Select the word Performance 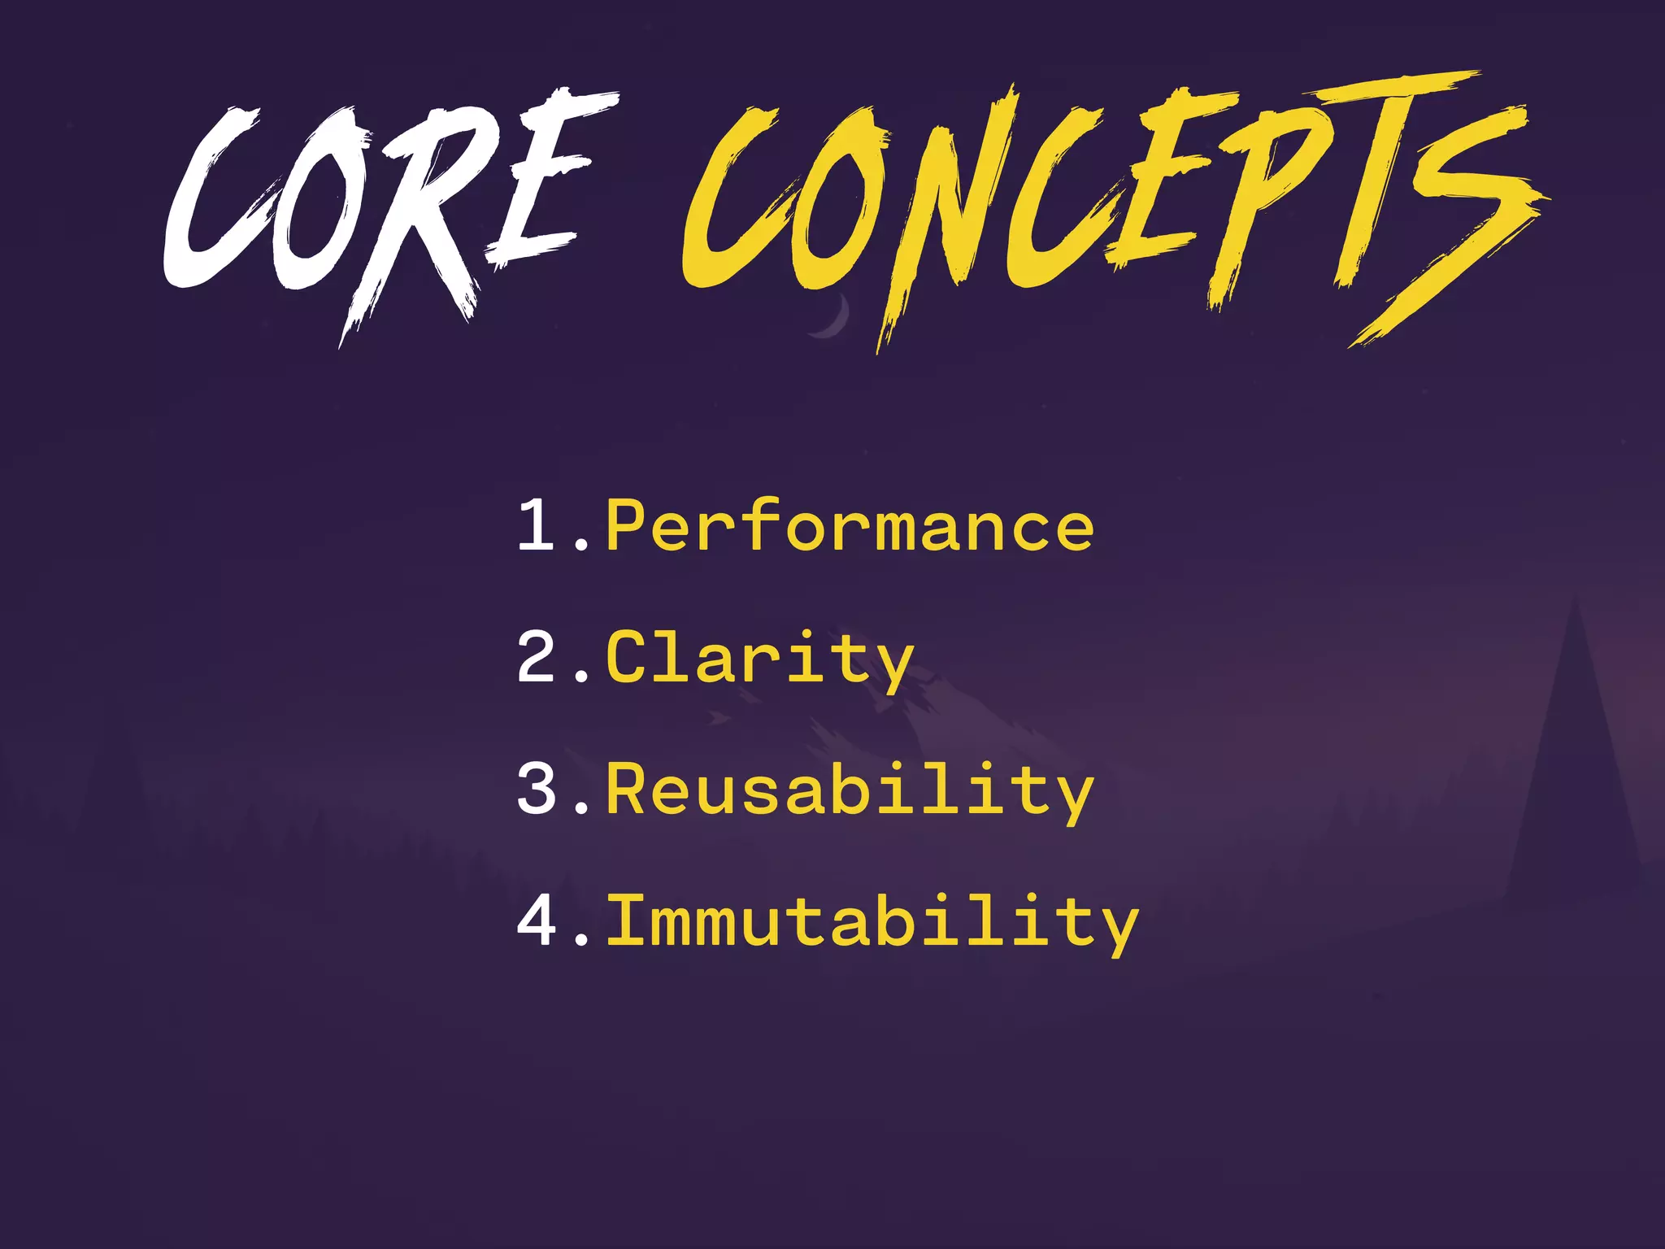point(850,526)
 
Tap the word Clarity point(760,659)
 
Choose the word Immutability point(872,922)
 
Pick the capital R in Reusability point(626,788)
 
